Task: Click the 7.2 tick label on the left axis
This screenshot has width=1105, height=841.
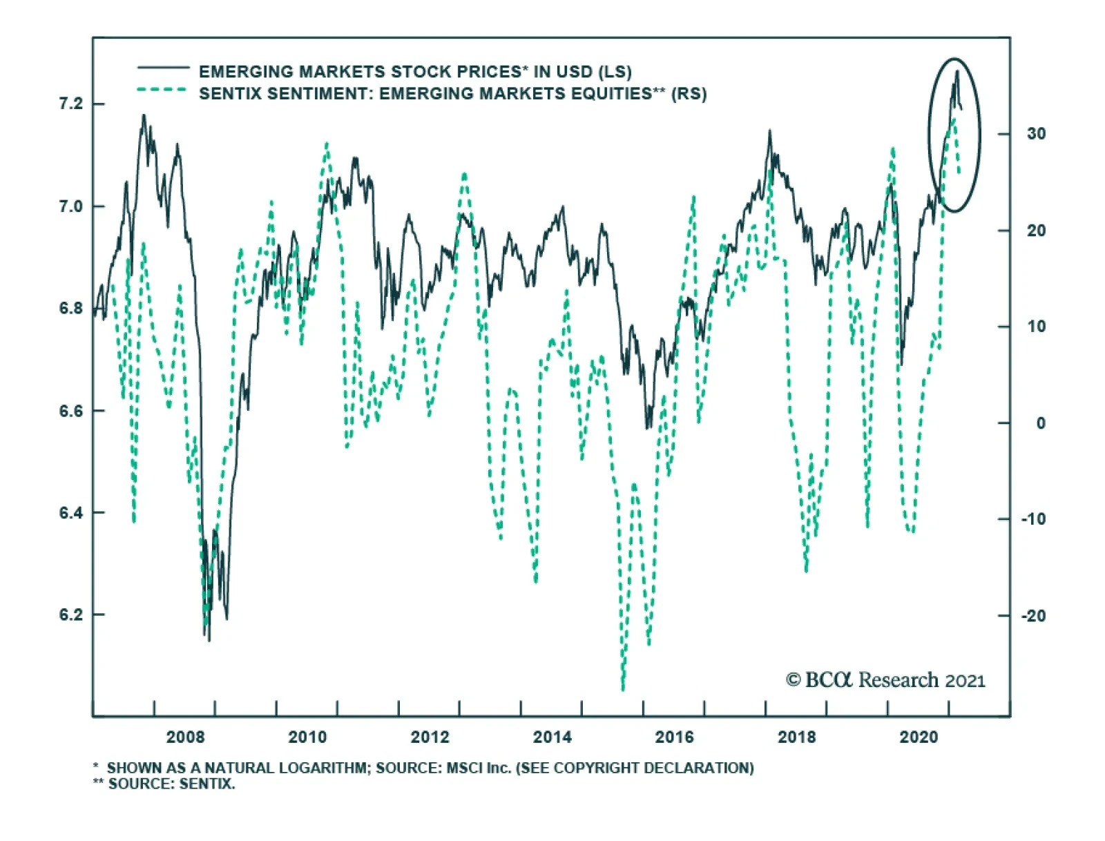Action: [x=71, y=104]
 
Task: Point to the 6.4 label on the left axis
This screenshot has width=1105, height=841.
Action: [x=71, y=513]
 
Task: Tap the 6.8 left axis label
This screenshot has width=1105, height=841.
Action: [x=71, y=309]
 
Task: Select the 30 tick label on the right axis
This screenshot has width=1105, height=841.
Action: [x=1036, y=134]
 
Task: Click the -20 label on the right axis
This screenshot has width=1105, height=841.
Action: [x=1034, y=615]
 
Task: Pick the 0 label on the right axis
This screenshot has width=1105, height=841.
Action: [x=1040, y=423]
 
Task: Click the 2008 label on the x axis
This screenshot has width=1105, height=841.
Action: [x=185, y=737]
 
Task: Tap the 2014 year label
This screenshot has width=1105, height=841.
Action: [x=552, y=737]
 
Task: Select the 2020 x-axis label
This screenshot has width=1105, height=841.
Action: [x=919, y=737]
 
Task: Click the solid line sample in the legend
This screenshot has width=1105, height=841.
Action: [x=163, y=68]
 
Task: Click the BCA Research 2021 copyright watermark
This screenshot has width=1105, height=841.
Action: [x=885, y=680]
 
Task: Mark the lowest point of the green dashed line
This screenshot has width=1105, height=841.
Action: [x=623, y=688]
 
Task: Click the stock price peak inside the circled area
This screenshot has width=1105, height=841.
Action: [x=957, y=71]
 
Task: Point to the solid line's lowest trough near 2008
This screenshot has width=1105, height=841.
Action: [x=209, y=640]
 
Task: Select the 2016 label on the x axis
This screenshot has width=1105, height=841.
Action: [x=674, y=737]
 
